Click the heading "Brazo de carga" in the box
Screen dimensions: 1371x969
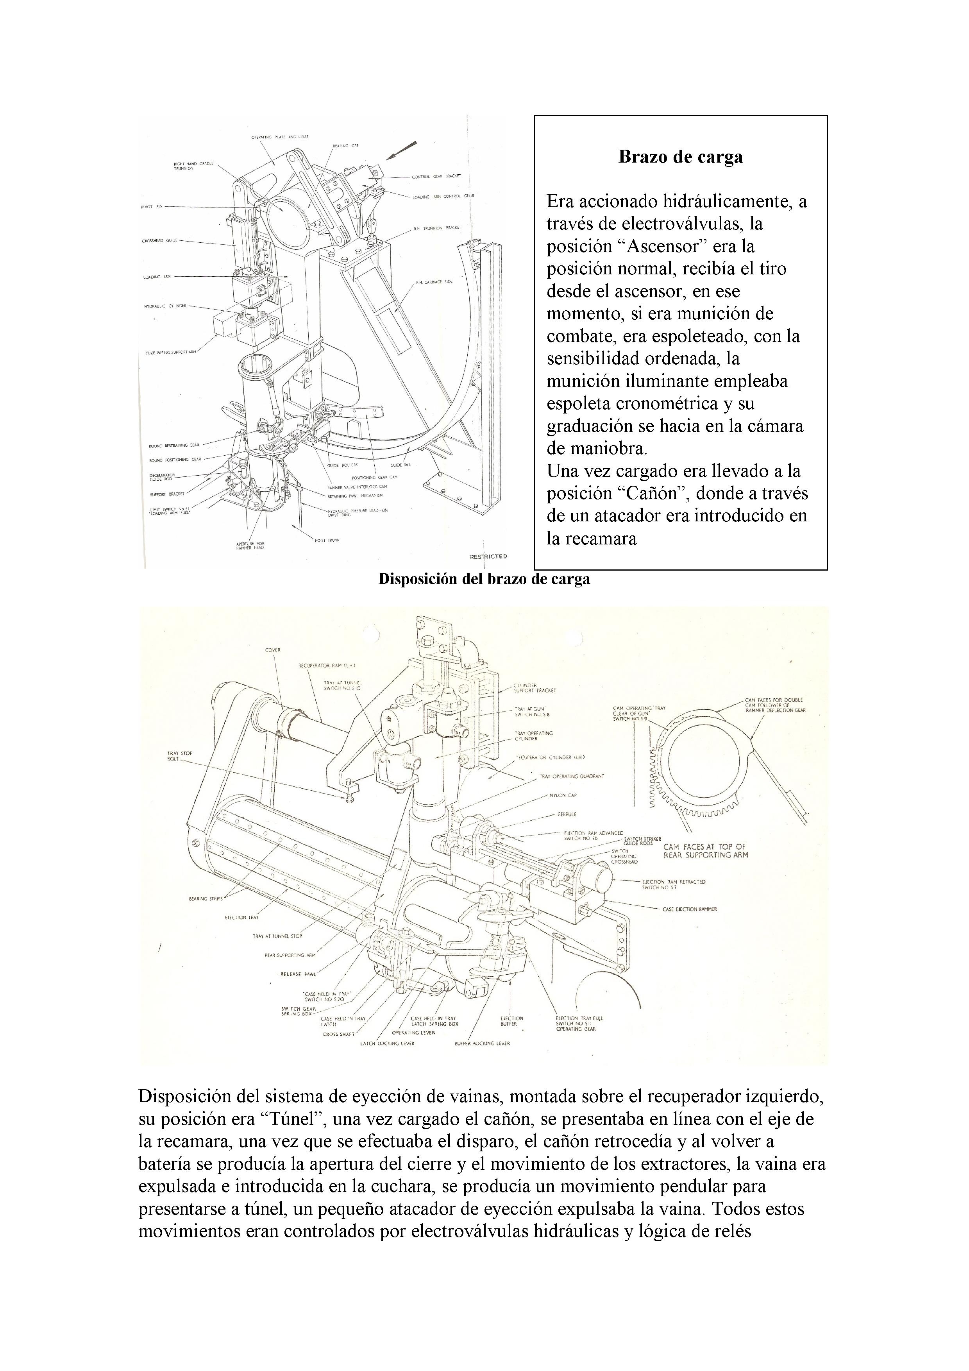[681, 157]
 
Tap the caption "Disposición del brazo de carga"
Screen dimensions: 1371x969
[484, 579]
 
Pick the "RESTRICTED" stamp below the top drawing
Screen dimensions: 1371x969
[488, 557]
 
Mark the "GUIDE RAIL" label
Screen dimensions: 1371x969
[400, 465]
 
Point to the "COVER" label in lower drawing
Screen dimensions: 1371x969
[273, 650]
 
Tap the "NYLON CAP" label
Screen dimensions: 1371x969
[562, 795]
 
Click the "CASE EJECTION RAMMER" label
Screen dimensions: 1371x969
[690, 909]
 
